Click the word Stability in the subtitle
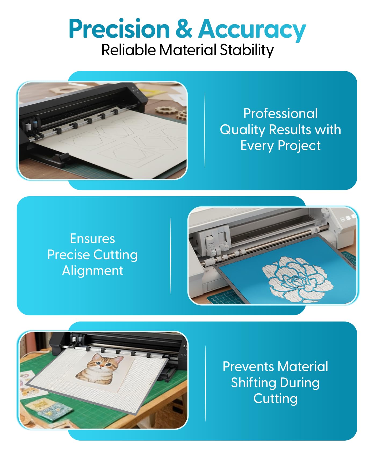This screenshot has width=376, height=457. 247,50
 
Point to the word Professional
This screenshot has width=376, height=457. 280,113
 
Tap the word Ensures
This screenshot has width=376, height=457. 92,238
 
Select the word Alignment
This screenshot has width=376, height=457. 93,270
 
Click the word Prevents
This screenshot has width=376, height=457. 248,366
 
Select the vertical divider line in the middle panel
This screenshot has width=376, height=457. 171,256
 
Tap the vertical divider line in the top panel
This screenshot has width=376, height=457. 205,130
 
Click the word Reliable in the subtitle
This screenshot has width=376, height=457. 128,50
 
